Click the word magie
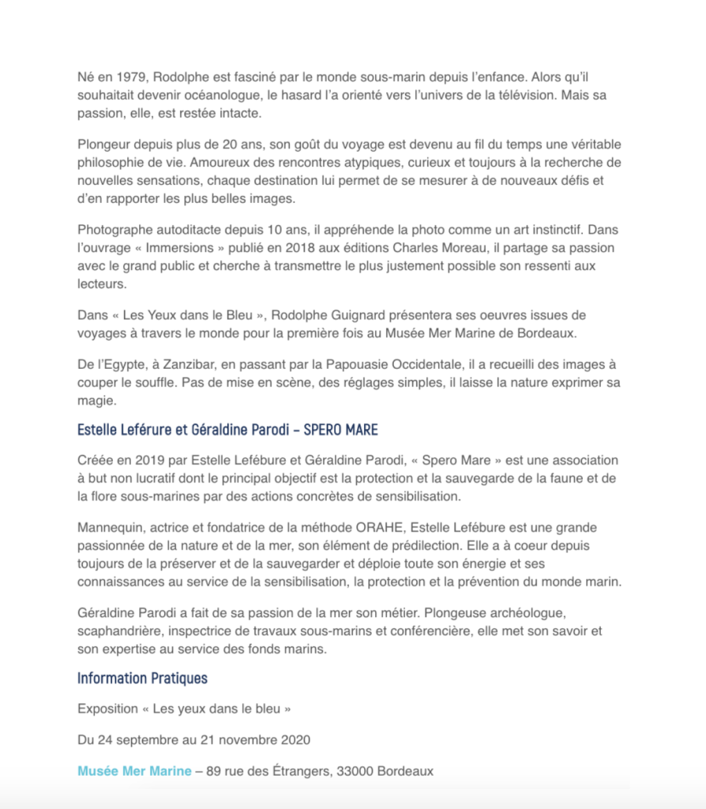click(x=97, y=401)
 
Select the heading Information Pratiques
click(x=142, y=678)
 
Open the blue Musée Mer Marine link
click(x=134, y=771)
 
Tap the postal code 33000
click(x=351, y=771)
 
